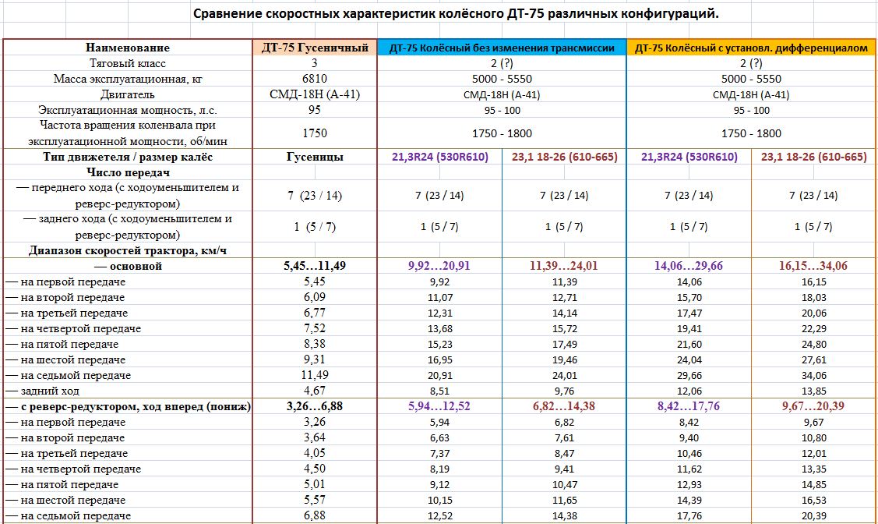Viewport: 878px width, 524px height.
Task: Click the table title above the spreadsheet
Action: coord(456,14)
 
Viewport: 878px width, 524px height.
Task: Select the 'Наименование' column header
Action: coord(127,48)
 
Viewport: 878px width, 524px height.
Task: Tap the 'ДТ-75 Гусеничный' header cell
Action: coord(315,48)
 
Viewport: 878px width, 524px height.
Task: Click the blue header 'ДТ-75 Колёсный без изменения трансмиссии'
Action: coord(502,48)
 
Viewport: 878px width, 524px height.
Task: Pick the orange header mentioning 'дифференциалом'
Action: coord(751,48)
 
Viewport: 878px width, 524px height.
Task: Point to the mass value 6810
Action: coord(315,79)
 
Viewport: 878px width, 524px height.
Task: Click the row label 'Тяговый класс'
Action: coord(127,63)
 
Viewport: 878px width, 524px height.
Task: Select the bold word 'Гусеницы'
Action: coord(315,157)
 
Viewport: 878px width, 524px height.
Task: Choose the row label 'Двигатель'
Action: coord(127,94)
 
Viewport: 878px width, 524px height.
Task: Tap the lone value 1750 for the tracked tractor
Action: coord(315,133)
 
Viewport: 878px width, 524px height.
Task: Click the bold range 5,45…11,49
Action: coord(315,266)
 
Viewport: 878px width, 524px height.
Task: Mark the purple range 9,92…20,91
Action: coord(439,266)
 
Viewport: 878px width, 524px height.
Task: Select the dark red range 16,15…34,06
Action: coord(813,266)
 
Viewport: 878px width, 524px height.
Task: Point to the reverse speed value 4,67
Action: coord(315,391)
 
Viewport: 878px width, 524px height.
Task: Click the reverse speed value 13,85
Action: coord(813,391)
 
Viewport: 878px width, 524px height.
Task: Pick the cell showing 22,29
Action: coord(813,328)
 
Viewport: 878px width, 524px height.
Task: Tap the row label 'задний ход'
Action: coord(50,391)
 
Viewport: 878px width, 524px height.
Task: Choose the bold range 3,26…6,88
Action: coord(315,406)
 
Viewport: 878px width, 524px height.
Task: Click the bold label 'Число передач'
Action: coord(127,172)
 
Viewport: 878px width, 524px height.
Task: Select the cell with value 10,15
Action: coord(439,500)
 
